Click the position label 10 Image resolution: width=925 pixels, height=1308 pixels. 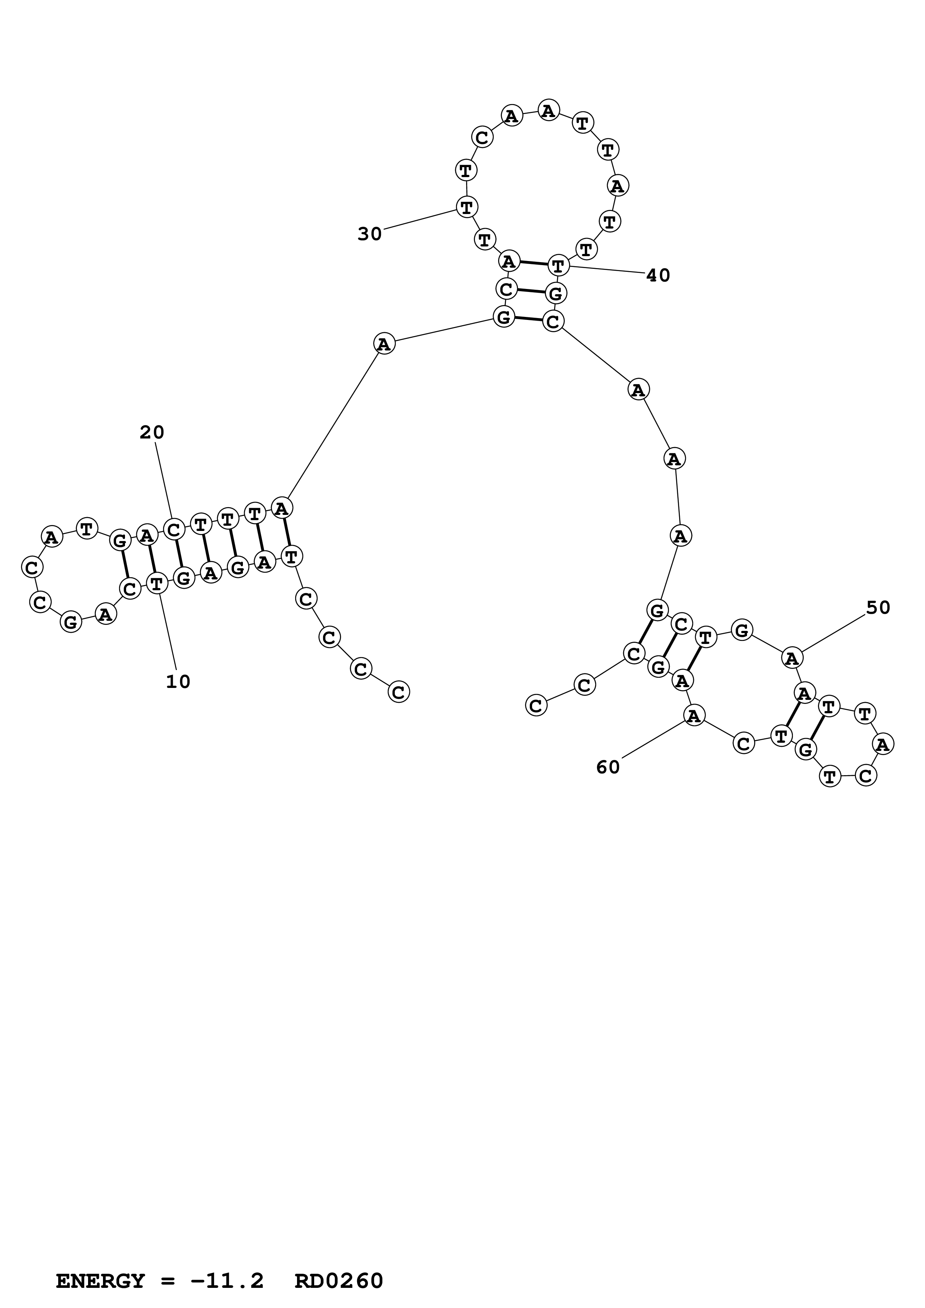tap(178, 682)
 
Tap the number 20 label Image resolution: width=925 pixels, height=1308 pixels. tap(152, 433)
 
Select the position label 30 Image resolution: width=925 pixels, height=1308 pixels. tap(369, 234)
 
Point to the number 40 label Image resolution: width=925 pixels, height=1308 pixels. tap(658, 276)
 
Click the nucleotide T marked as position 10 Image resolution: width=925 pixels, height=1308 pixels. tap(157, 584)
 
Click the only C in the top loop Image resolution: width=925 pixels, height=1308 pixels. tap(482, 137)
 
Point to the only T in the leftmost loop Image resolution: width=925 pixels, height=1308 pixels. tap(87, 529)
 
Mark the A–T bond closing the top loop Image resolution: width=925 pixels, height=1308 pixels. tap(533, 264)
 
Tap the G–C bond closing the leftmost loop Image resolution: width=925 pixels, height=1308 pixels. tap(125, 565)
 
